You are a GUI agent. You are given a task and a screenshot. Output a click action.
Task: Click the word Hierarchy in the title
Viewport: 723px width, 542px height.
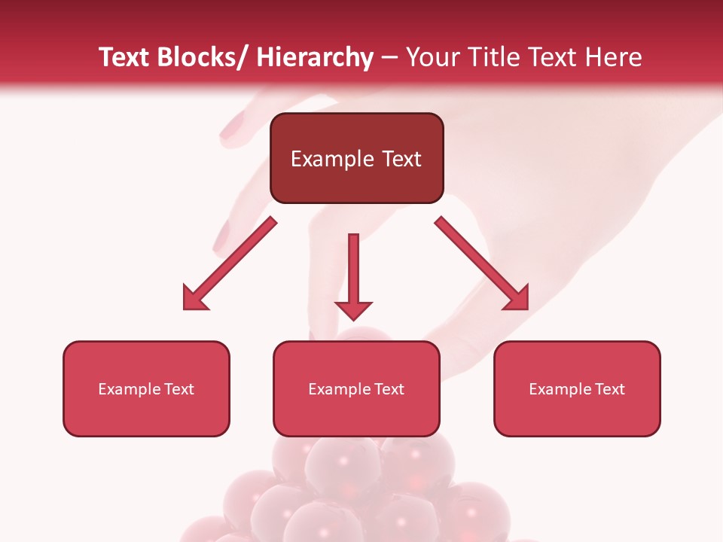click(315, 58)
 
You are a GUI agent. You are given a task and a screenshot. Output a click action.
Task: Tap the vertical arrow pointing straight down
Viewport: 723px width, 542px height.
click(353, 271)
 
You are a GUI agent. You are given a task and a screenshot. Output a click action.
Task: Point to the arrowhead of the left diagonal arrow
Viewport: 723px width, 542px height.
click(195, 298)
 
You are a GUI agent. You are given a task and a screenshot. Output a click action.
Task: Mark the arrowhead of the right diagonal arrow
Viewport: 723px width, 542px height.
click(517, 298)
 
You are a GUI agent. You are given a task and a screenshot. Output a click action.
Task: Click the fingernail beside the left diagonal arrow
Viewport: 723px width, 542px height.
click(222, 236)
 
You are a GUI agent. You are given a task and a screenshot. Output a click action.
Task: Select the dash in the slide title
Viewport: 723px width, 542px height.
click(389, 59)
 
